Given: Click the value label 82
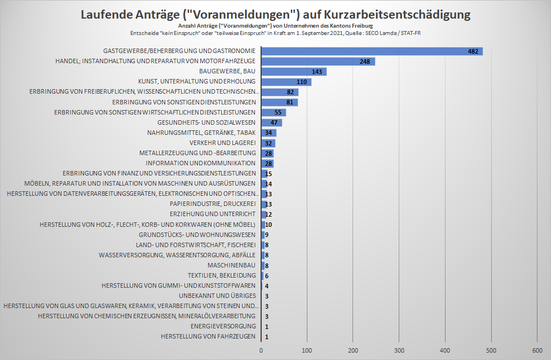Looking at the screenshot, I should click(290, 92).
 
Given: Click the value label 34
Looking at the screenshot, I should click(269, 133).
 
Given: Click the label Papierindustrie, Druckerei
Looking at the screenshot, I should click(213, 204).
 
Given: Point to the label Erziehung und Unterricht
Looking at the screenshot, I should click(213, 214).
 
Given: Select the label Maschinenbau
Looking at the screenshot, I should click(231, 265).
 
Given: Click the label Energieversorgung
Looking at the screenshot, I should click(223, 326).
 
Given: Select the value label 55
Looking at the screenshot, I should click(278, 112).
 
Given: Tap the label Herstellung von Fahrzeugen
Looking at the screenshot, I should click(208, 336).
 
